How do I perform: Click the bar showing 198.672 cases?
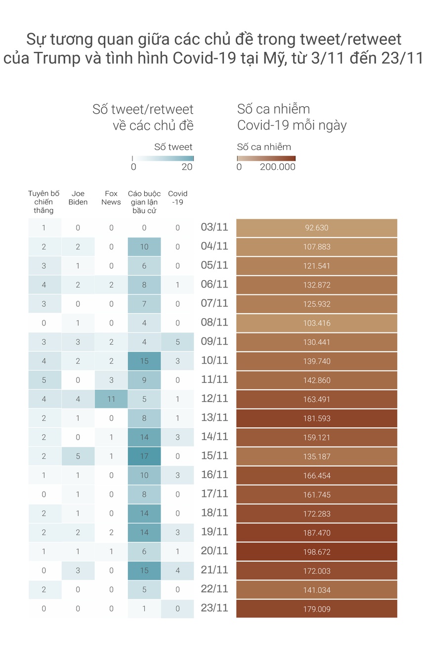point(316,552)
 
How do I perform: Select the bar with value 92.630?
point(316,228)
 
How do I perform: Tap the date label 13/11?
point(214,418)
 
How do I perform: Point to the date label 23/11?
point(214,608)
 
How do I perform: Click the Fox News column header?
point(111,198)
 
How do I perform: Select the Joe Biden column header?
point(78,198)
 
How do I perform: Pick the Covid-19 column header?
point(177,198)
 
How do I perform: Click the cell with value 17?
point(144,456)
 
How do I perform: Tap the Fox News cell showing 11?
point(111,399)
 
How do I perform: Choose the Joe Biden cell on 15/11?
point(78,456)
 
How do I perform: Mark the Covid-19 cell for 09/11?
point(177,342)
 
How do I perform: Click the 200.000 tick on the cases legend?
point(278,167)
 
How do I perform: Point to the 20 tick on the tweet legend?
point(187,167)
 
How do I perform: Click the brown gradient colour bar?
point(266,158)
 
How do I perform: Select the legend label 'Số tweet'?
point(173,147)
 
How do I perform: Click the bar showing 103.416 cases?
point(316,323)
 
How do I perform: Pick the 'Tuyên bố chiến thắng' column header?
point(43,202)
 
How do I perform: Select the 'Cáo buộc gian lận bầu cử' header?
point(144,202)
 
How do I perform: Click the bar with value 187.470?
point(316,533)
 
